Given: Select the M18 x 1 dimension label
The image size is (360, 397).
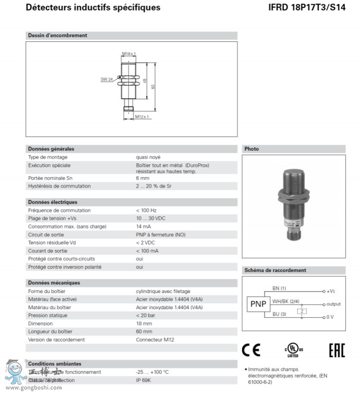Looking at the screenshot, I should click(129, 54).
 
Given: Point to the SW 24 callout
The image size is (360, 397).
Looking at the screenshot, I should click(106, 79).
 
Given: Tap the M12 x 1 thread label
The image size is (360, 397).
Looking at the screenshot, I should click(142, 116).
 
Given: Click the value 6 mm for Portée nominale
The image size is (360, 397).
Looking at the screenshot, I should click(142, 178).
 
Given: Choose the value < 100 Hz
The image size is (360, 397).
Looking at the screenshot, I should click(146, 210).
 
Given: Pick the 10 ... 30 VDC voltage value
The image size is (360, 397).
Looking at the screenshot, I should click(151, 218).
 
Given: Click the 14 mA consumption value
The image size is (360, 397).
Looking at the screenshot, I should click(143, 227).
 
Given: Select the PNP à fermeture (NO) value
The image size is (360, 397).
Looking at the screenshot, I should click(161, 235).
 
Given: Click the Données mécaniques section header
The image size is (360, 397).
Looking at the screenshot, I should click(54, 283).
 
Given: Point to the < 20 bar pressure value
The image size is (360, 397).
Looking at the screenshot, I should click(145, 315).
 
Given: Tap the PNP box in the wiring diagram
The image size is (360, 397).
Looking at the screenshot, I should click(258, 304).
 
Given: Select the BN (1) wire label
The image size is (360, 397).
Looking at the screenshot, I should click(279, 288).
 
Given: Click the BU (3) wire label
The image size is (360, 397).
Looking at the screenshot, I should click(279, 314).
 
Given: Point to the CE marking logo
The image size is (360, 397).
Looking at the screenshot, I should click(251, 350).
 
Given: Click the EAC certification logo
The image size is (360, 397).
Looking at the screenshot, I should click(337, 350).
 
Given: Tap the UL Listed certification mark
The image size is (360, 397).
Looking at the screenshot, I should click(294, 350).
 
